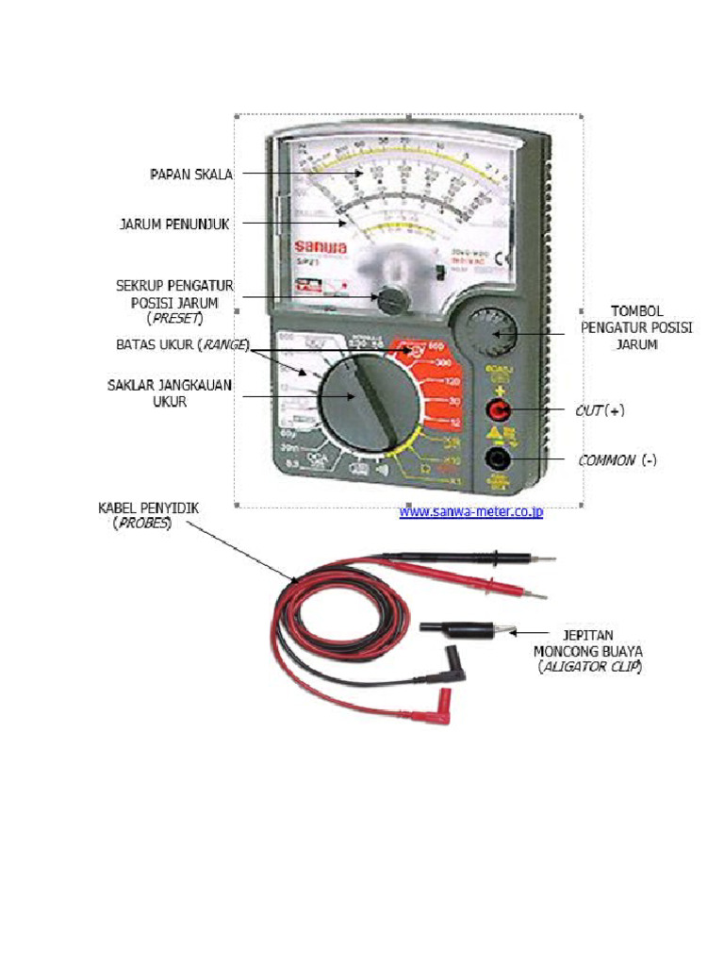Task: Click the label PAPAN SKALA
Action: (x=191, y=174)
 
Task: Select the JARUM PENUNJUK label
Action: (x=175, y=224)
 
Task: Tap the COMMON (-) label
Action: (x=617, y=460)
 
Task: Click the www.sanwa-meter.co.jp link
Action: (x=470, y=512)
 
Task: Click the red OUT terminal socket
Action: (x=497, y=410)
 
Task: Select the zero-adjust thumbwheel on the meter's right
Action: (x=487, y=332)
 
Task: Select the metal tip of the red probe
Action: (x=534, y=596)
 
